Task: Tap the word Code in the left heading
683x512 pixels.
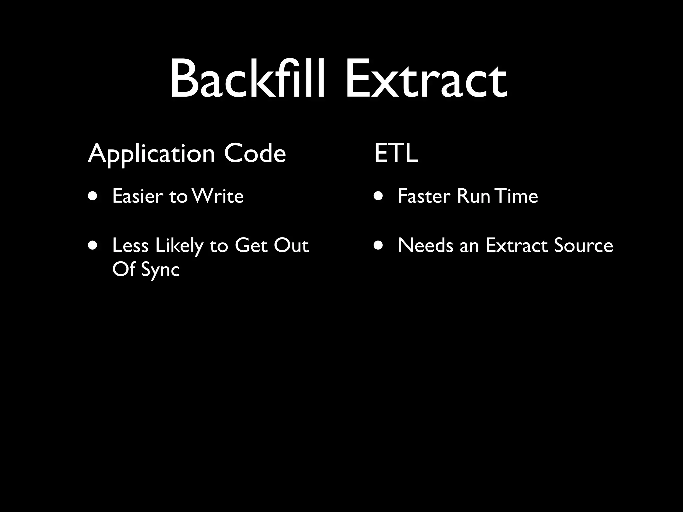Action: pos(255,153)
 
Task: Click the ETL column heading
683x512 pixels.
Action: pos(396,153)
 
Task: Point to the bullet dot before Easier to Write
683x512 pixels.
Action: pos(93,196)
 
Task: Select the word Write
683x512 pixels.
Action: pos(218,196)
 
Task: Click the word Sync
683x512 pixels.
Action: pos(160,269)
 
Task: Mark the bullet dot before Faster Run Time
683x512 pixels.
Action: pos(378,196)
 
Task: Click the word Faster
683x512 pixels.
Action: pos(424,196)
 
